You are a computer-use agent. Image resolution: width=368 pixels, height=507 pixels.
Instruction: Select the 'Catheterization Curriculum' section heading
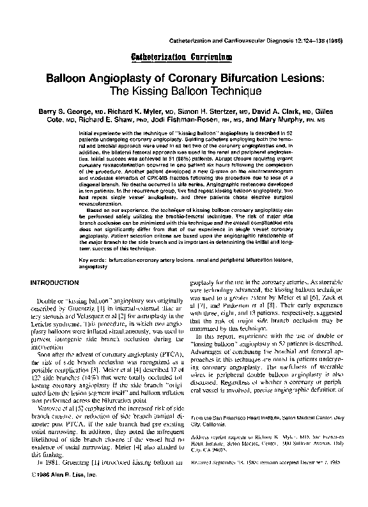click(184, 57)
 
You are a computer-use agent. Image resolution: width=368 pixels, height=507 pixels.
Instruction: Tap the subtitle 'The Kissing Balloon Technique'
click(184, 92)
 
